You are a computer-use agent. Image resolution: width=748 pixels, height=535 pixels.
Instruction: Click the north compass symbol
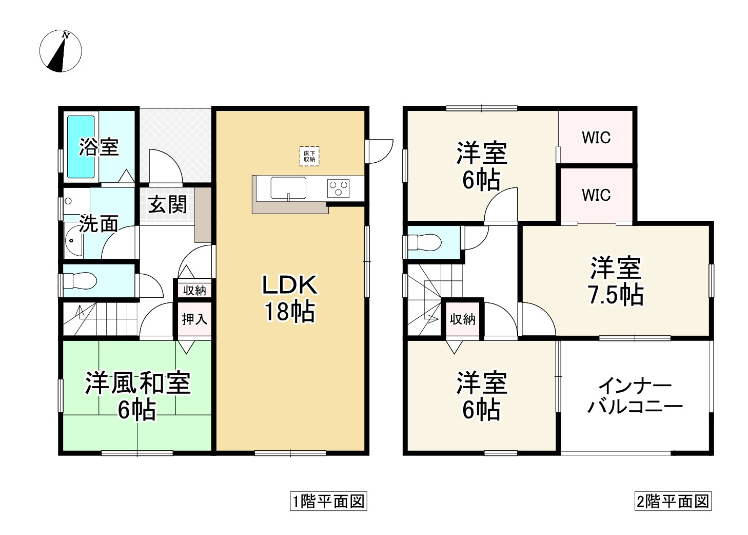[61, 51]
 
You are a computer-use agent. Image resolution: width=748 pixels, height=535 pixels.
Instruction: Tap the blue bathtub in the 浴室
[81, 147]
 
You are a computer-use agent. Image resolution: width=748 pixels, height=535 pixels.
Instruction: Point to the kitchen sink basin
[288, 188]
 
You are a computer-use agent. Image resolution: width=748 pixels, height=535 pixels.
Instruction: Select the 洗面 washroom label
[99, 224]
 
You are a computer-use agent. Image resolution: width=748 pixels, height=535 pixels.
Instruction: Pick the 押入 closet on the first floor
[194, 319]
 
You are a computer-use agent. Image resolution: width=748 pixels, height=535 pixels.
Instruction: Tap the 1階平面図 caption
[328, 501]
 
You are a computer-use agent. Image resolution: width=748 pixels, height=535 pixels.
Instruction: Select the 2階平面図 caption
[673, 501]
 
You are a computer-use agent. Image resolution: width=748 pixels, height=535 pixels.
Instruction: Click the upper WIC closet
[596, 138]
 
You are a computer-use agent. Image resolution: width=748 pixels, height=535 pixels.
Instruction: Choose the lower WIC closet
[596, 195]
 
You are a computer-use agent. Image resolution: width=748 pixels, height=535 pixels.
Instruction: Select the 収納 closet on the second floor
[463, 319]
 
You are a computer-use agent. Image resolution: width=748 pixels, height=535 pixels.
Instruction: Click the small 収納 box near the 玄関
[194, 290]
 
